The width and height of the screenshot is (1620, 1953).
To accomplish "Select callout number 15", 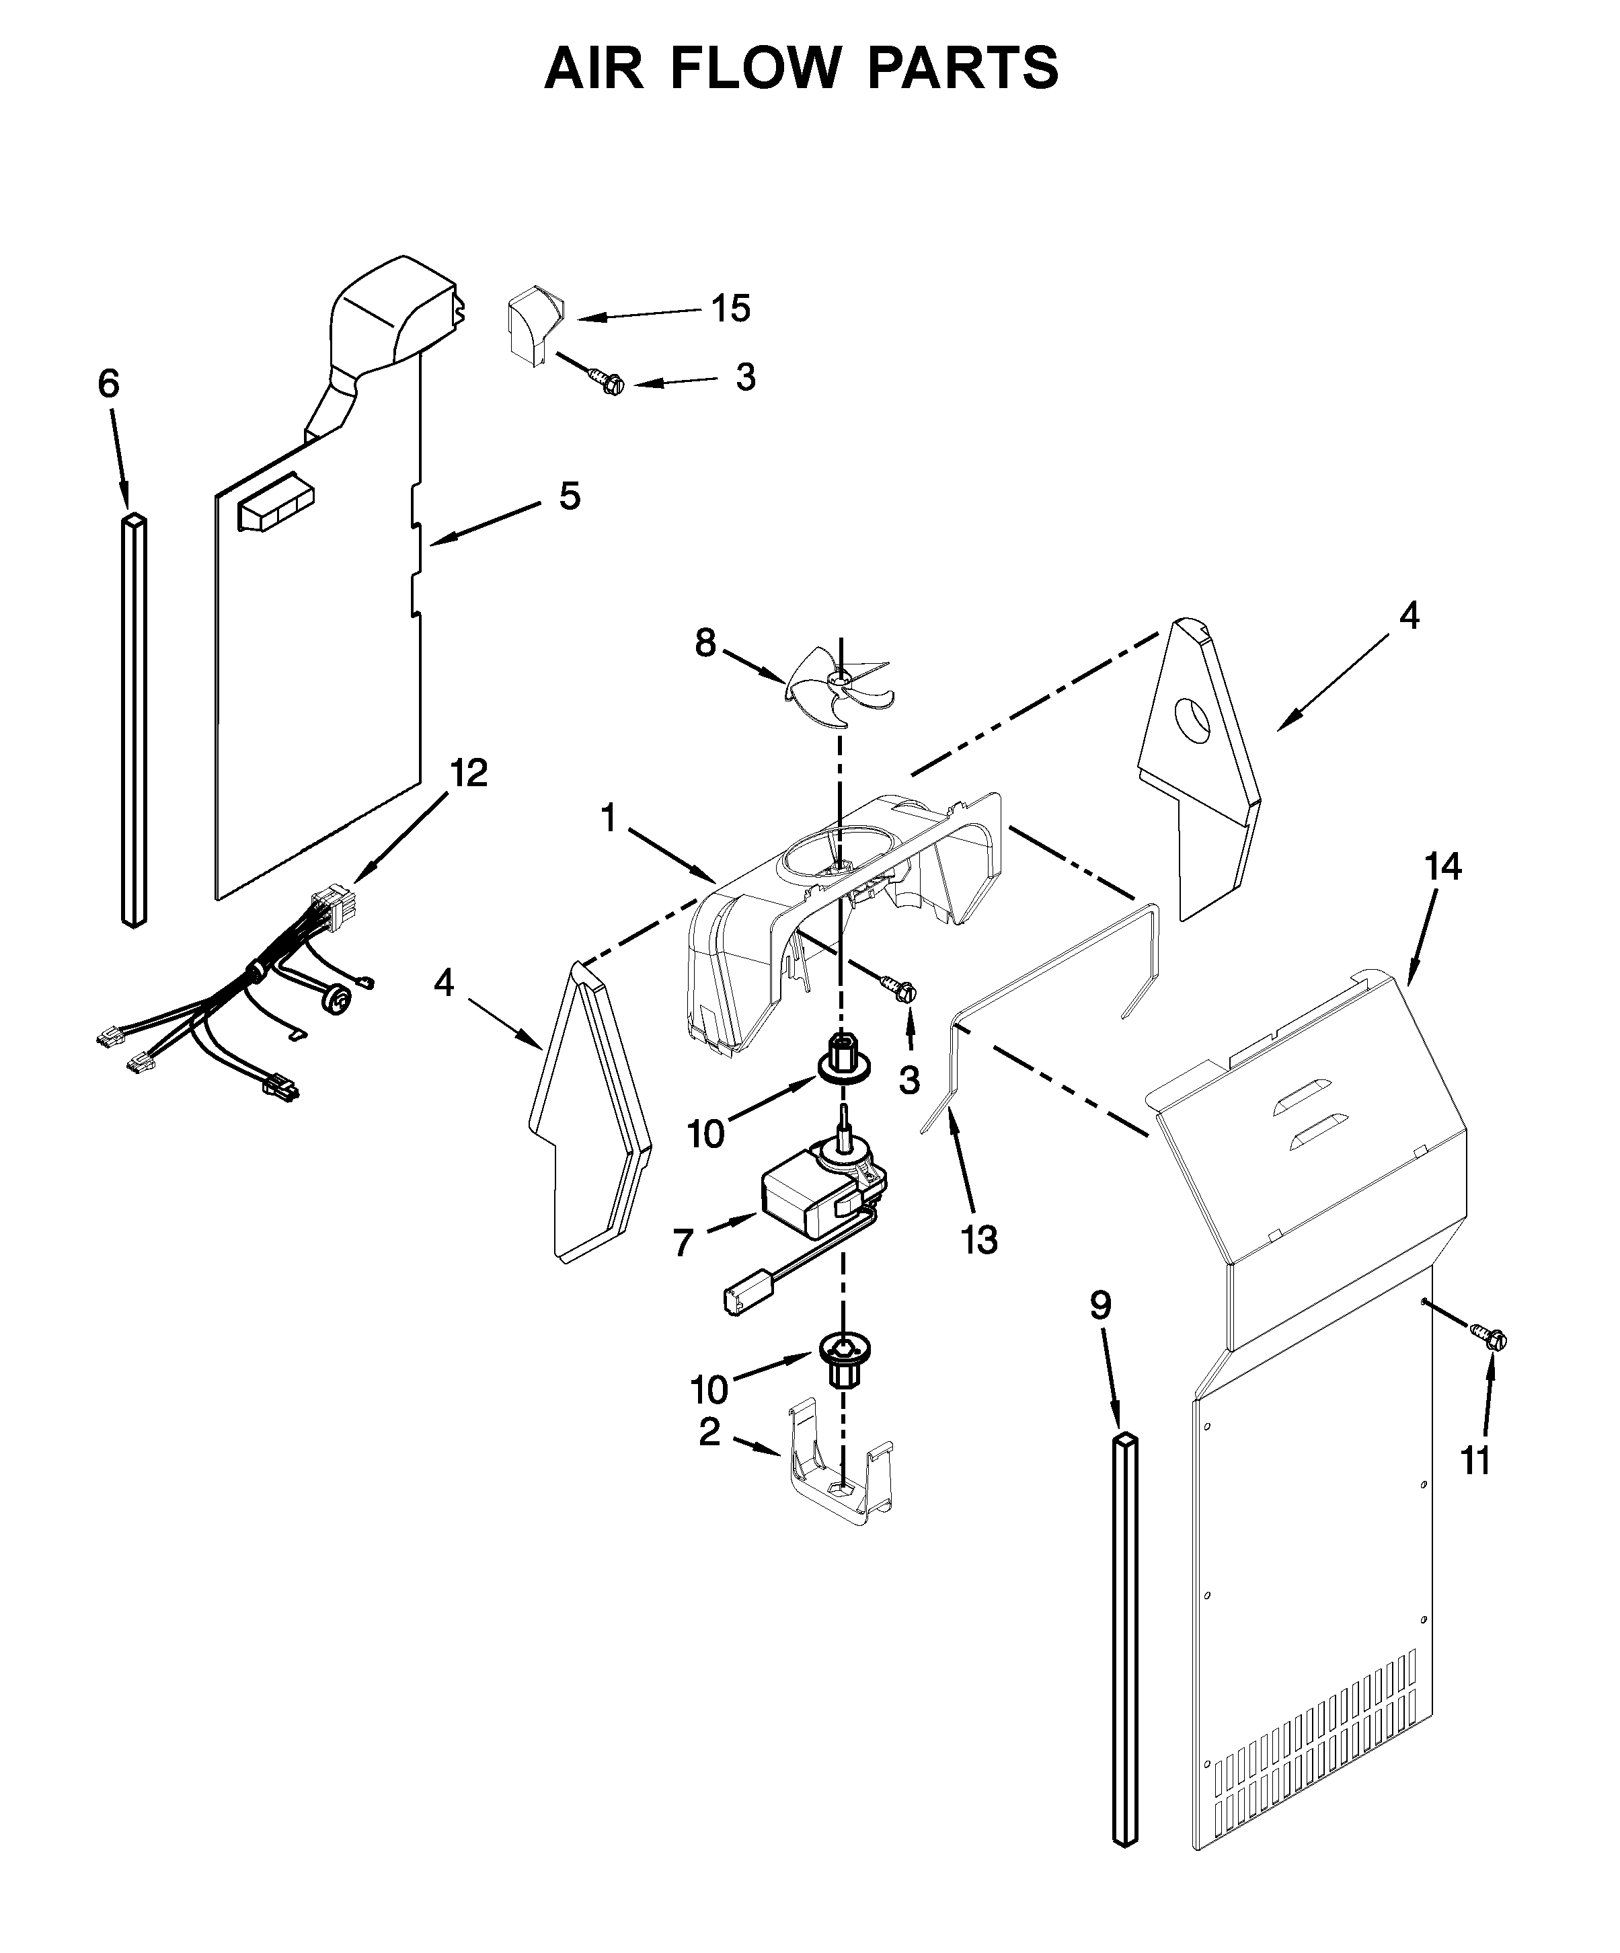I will pos(731,309).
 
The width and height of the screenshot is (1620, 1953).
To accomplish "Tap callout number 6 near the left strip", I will pos(109,383).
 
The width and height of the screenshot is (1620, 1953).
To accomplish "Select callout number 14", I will pos(1442,867).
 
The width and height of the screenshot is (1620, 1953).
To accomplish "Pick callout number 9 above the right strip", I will pos(1100,1306).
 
